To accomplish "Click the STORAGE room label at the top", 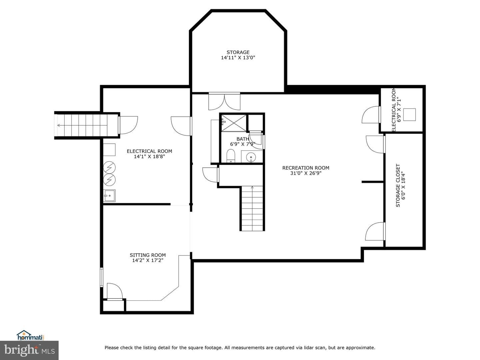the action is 238,52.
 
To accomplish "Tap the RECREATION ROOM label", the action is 306,168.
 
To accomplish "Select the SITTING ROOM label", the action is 148,255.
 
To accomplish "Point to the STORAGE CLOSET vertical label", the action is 398,185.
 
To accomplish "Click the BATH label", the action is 243,139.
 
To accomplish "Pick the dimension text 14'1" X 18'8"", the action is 149,157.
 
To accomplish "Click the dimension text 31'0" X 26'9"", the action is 306,173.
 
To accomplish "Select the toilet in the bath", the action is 230,156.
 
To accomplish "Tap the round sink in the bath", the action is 251,157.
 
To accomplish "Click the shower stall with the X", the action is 234,123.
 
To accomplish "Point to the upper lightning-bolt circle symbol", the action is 109,167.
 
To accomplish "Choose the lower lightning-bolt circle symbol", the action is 109,179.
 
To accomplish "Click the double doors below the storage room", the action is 224,101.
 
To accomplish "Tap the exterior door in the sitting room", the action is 114,291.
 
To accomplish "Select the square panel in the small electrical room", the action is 409,115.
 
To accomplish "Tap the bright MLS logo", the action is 29,350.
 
